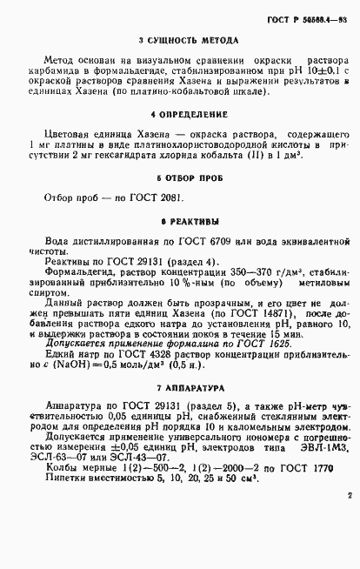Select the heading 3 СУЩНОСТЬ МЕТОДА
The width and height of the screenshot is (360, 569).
pyautogui.click(x=180, y=41)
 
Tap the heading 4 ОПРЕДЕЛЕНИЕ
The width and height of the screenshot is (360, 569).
pyautogui.click(x=180, y=114)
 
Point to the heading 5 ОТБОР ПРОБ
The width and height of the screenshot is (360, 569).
pyautogui.click(x=180, y=177)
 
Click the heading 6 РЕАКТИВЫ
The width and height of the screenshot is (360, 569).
pyautogui.click(x=180, y=221)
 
